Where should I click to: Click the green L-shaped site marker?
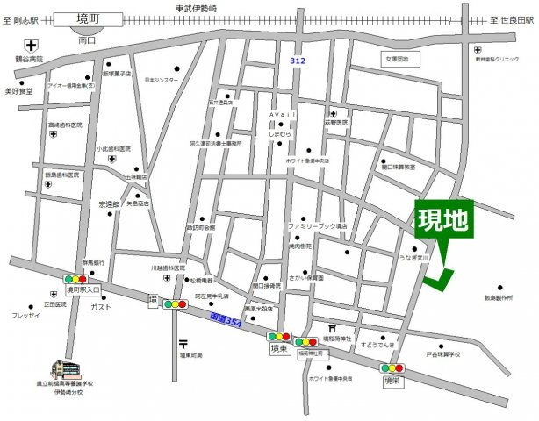coord(438,277)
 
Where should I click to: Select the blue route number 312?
coord(299,59)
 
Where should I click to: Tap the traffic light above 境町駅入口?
coord(75,277)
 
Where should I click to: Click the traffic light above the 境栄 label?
coord(392,368)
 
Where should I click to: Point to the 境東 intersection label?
coord(279,349)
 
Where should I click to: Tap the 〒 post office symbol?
coord(182,343)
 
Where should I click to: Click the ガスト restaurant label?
coord(101,308)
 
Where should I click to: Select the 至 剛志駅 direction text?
coord(22,19)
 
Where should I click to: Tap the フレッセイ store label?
coord(26,315)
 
